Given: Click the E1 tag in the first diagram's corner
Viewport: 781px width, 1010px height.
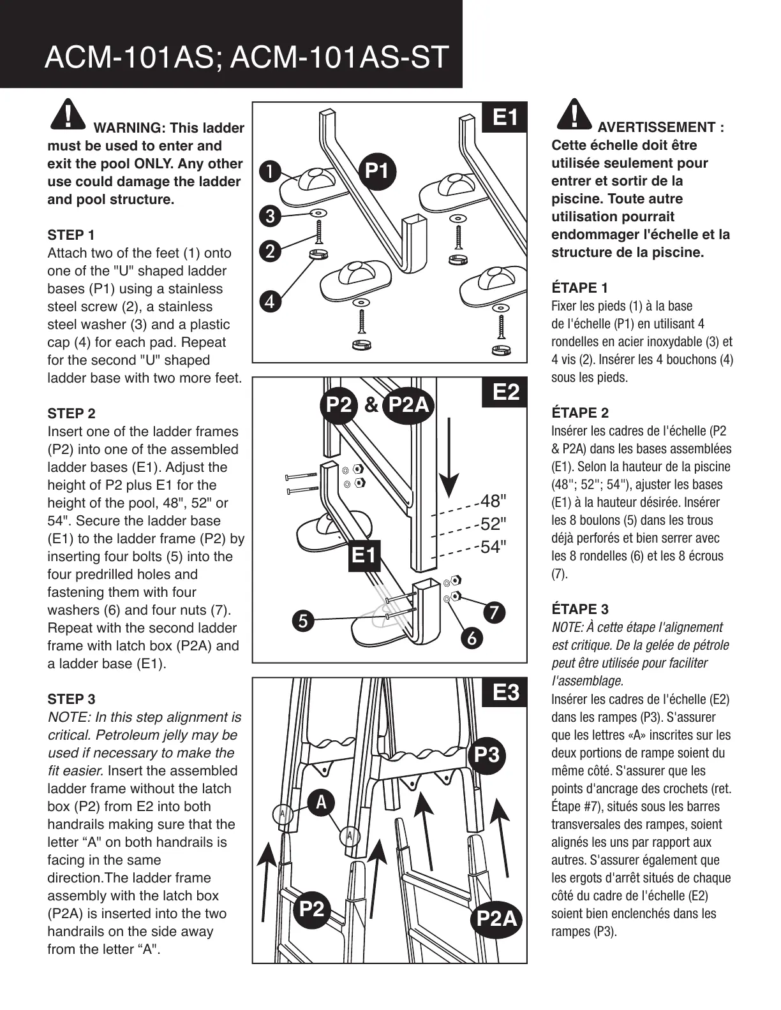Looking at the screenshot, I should pos(505,117).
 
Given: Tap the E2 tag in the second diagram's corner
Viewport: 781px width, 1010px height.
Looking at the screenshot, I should pos(505,392).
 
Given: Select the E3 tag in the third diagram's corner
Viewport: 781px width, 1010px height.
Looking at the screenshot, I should pos(505,692).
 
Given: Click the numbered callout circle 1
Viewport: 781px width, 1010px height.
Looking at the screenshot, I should pos(271,172).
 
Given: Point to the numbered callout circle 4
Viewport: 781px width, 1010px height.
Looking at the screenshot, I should pos(271,301).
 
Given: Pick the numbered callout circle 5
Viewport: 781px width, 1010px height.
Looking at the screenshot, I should pos(304,620).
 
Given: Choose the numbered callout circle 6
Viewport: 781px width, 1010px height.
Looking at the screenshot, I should pos(472,638).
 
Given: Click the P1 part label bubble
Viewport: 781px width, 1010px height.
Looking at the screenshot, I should pos(376,171).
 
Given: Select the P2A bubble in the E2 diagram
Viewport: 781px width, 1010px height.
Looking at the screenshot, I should pos(408,404).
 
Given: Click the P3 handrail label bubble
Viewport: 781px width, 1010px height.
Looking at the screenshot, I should pos(487,755).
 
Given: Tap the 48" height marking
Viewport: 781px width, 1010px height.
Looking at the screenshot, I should pos(493,500).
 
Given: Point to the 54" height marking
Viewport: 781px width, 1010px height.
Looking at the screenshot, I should pos(493,547).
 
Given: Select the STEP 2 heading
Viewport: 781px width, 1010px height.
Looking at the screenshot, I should pos(71,413).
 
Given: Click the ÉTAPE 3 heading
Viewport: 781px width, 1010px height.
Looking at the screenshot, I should pos(579,609).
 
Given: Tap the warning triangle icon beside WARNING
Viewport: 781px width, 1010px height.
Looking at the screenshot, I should pos(66,115).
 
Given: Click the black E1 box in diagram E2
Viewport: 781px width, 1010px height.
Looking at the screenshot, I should pos(364,555).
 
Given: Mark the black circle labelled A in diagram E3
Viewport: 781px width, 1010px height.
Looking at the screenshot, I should pos(321,802).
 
